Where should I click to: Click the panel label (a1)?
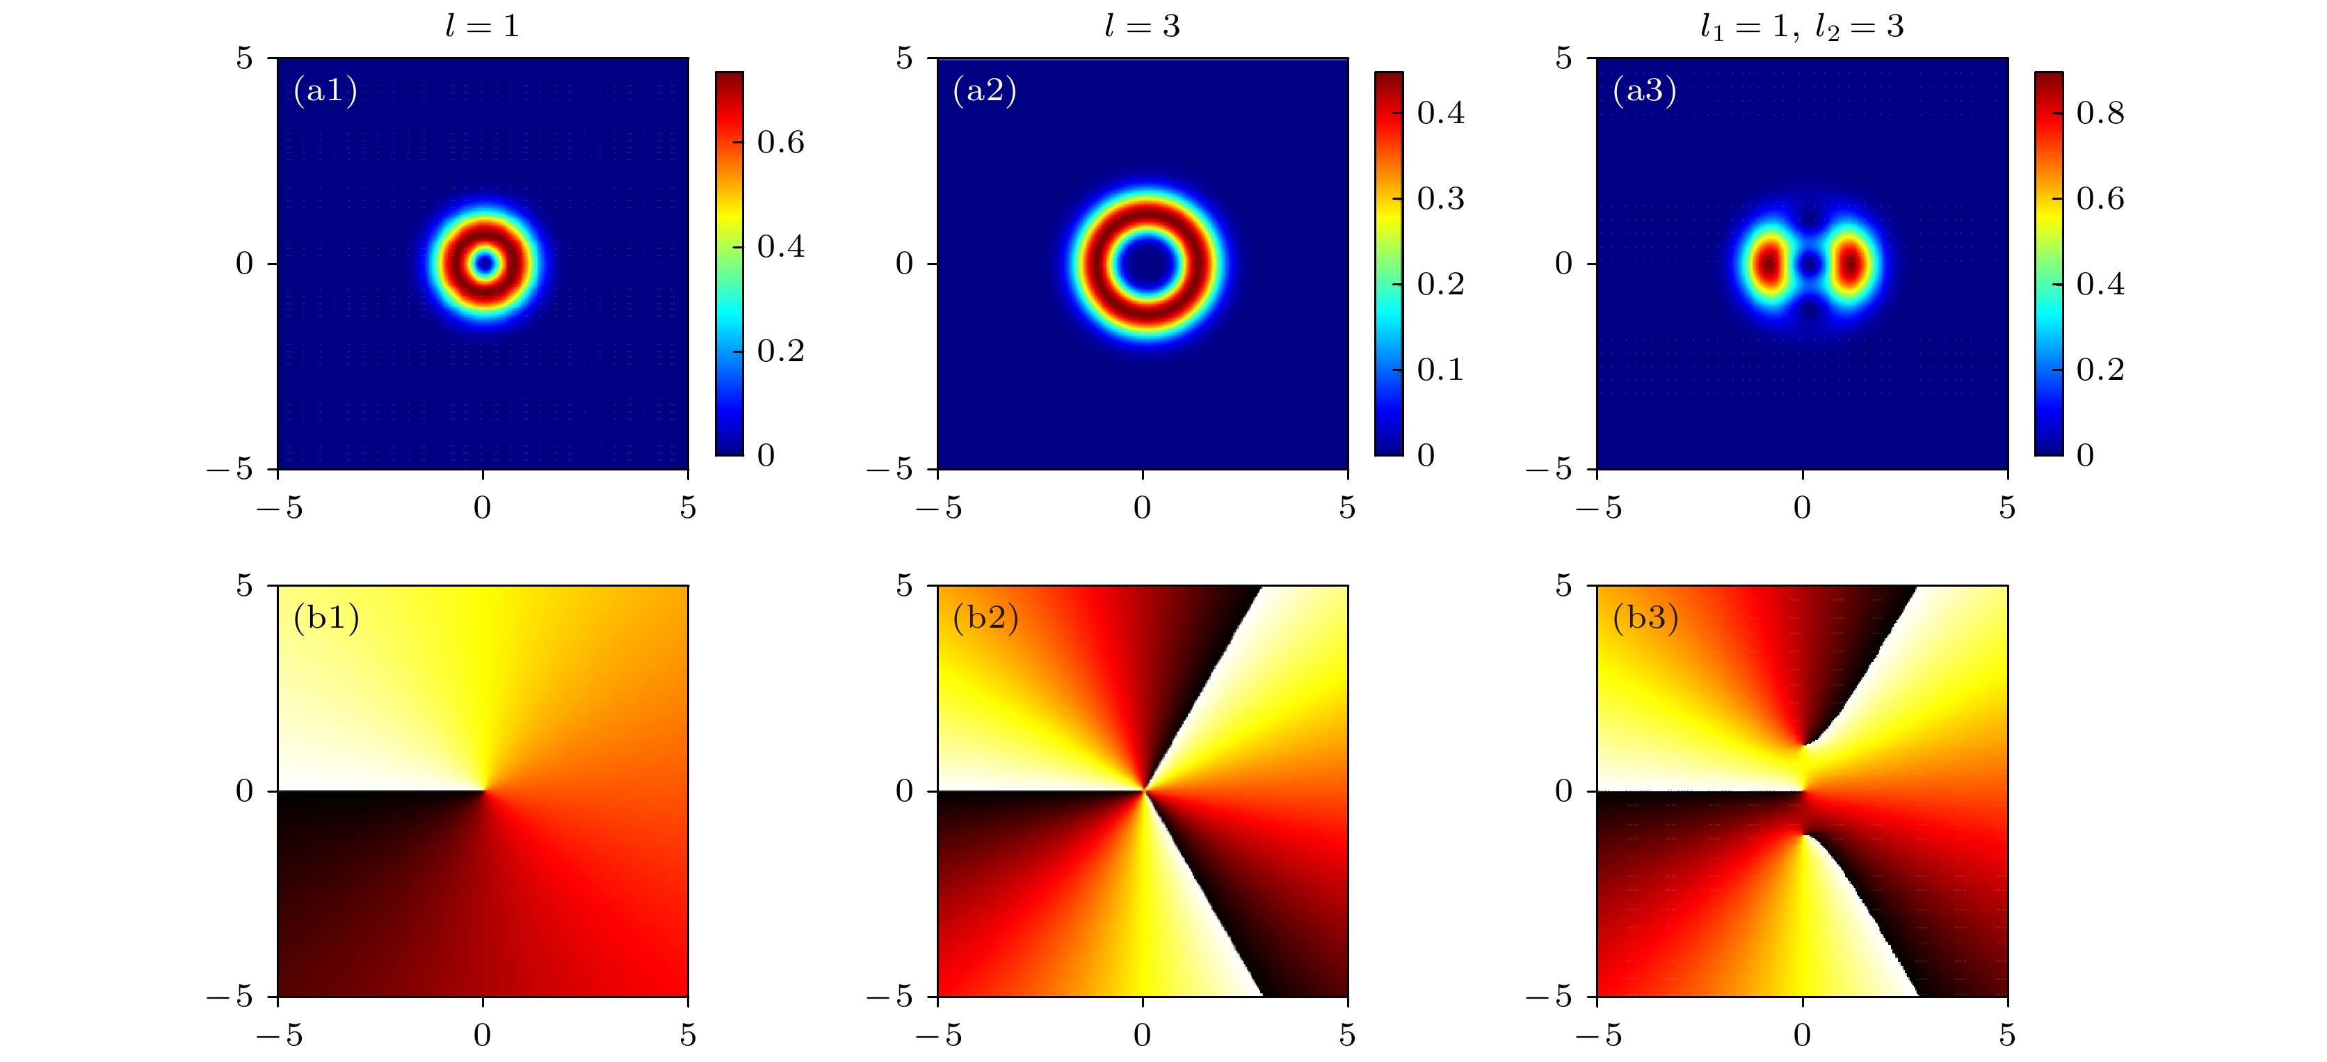325,90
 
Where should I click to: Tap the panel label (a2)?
985,90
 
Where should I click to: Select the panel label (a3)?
1644,90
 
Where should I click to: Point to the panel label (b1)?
326,617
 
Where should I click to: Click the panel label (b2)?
985,617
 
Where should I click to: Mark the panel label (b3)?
1645,617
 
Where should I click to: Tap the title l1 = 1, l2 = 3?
1801,26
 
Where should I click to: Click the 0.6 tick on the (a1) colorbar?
780,142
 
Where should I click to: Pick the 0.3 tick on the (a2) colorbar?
1440,198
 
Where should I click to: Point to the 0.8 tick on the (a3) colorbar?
2100,113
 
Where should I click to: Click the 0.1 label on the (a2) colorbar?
1440,370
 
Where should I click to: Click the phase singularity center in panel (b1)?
484,791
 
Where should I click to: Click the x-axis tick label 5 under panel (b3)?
2007,1036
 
